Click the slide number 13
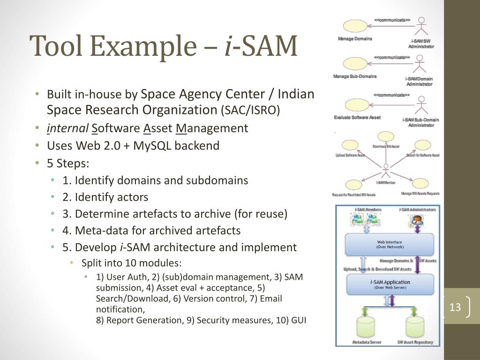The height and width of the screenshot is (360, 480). [455, 307]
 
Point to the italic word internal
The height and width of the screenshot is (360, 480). [67, 128]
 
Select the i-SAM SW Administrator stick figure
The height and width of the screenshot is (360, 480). [421, 27]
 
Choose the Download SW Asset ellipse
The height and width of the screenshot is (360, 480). [386, 136]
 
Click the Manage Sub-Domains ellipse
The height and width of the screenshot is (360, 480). [355, 64]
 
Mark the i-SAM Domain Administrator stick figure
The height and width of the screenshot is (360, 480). [420, 65]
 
